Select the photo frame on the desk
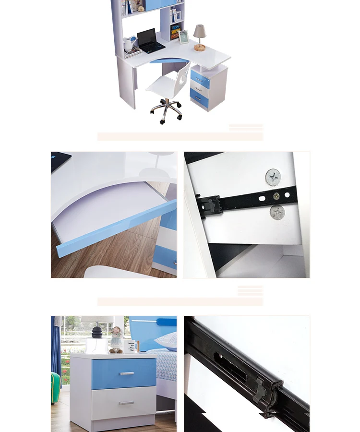183,37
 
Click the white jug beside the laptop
128,44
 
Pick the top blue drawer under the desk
200,79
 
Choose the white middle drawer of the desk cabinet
200,89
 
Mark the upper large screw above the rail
273,177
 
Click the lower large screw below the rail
277,212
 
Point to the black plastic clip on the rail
209,205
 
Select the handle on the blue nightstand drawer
127,373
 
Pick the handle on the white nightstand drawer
127,403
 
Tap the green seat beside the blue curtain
55,388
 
